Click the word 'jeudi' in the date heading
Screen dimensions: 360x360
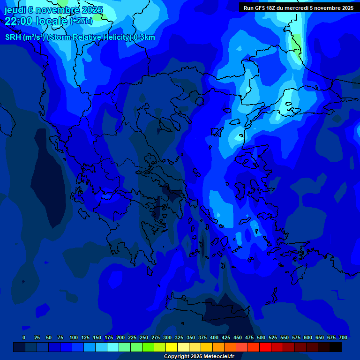(15, 10)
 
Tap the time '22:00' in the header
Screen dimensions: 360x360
(18, 21)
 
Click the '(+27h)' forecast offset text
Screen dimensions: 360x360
(81, 21)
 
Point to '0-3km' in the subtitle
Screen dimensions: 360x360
(144, 37)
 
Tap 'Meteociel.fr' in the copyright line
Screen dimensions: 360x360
(219, 357)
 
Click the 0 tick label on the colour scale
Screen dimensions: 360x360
(24, 337)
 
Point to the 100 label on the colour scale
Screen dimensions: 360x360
(74, 337)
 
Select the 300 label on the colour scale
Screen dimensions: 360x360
(167, 337)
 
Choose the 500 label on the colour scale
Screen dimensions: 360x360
(261, 337)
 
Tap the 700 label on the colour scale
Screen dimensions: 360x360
(343, 337)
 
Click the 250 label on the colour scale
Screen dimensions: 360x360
(144, 337)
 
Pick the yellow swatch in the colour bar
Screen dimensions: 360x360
(172, 347)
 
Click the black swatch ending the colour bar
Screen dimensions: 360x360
(336, 347)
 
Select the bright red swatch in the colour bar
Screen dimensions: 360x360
(265, 347)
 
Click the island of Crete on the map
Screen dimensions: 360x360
(206, 312)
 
